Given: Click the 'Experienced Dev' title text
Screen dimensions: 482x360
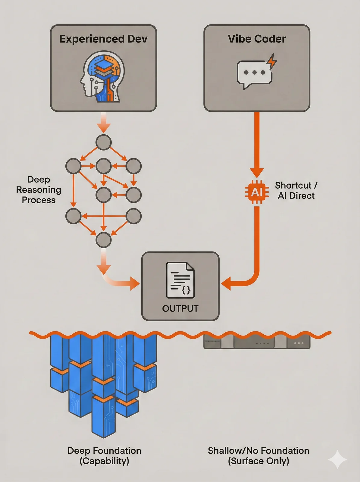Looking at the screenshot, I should coord(103,39).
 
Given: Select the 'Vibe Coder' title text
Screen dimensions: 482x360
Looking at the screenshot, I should coord(257,39).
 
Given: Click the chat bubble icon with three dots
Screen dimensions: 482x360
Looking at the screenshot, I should coord(254,73).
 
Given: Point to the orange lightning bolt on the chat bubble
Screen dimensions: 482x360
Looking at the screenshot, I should coord(272,61).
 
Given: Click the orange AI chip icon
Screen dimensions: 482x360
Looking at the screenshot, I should coord(257,192).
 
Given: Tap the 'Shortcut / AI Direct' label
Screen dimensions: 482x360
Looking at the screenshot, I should coord(296,190).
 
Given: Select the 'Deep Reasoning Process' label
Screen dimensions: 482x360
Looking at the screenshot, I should coord(39,190).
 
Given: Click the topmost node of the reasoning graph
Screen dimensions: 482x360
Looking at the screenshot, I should coord(103,142).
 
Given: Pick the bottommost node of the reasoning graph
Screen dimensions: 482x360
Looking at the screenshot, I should coord(103,240).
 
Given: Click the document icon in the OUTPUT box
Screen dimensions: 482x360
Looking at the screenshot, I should coord(180,280).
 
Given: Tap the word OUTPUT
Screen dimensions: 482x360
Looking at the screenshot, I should coord(180,308).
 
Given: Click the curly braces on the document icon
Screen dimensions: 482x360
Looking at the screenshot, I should coord(186,290).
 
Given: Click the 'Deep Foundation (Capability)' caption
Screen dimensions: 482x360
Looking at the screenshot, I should coord(104,455).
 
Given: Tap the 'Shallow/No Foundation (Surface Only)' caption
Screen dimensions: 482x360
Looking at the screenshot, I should coord(258,455).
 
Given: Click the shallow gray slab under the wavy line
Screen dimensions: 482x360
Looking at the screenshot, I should coord(257,343).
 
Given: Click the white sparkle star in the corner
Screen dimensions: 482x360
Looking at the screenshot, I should coord(337,459).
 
